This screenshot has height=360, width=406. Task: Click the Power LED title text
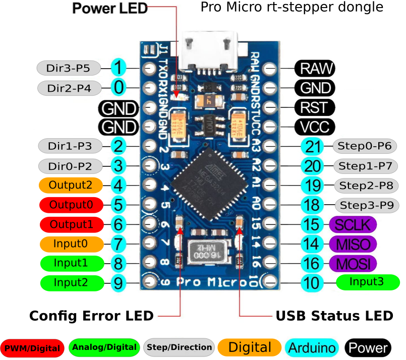click(x=110, y=8)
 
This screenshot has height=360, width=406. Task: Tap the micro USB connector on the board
click(x=209, y=50)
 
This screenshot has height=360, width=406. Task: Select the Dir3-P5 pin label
click(x=69, y=67)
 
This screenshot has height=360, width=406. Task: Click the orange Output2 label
click(x=71, y=185)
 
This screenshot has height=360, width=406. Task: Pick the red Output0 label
click(x=71, y=204)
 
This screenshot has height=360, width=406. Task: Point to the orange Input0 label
click(x=71, y=244)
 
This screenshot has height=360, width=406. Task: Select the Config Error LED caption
click(x=91, y=316)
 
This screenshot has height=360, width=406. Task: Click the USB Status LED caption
click(x=334, y=316)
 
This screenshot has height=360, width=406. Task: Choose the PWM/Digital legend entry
click(x=32, y=347)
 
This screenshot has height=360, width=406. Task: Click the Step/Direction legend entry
click(x=179, y=347)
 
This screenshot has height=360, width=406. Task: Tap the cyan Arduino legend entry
click(x=312, y=347)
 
